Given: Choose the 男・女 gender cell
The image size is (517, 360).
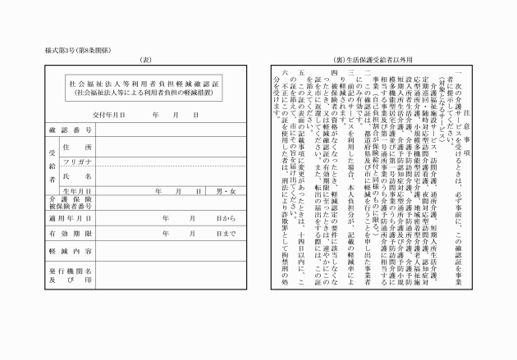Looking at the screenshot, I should pos(224,190).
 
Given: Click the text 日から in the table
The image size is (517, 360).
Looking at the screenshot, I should pos(226,219).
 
